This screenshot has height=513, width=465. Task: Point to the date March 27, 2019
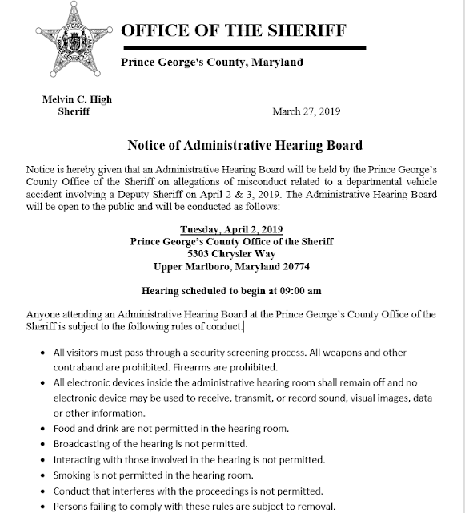307,111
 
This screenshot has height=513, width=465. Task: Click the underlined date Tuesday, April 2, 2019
231,228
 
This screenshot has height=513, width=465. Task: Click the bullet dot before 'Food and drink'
42,429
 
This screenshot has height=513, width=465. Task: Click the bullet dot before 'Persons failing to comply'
42,505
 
